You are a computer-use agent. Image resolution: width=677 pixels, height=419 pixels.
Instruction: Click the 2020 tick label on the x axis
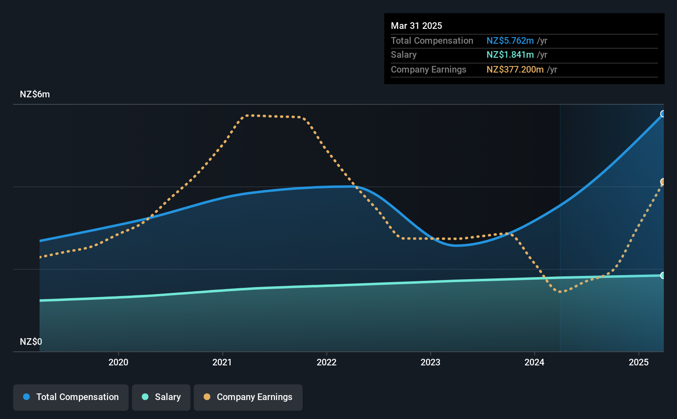point(118,362)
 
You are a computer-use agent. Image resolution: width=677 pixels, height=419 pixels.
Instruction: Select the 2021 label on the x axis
point(222,362)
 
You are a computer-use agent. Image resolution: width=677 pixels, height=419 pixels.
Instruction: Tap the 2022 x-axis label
point(327,362)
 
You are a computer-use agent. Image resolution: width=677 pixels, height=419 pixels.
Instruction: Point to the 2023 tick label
point(430,362)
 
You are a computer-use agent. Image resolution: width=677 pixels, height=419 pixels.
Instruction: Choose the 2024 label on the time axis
point(534,362)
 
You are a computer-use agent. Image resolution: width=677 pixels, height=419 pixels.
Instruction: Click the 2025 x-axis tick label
point(639,362)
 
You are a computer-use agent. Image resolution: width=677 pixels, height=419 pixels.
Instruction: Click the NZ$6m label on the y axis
point(35,94)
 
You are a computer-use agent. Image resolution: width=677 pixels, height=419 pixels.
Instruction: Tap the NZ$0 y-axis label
point(31,341)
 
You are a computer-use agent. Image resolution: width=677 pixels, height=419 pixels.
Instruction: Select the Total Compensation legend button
point(71,397)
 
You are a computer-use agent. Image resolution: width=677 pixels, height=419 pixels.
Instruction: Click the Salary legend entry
point(161,397)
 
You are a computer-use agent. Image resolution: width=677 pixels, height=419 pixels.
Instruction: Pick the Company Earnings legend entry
point(248,397)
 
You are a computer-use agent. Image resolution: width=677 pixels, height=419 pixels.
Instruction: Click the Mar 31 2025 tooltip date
point(416,26)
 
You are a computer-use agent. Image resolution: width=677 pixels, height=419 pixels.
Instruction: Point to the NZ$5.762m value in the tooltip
point(510,40)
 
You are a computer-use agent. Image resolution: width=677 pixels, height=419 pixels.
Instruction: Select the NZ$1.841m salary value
point(510,55)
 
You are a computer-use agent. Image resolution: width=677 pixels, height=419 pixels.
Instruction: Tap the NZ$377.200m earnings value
point(515,70)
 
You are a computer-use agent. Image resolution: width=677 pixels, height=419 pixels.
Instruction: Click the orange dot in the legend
point(207,397)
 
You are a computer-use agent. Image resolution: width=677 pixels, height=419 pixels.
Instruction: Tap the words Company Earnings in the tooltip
point(428,70)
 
